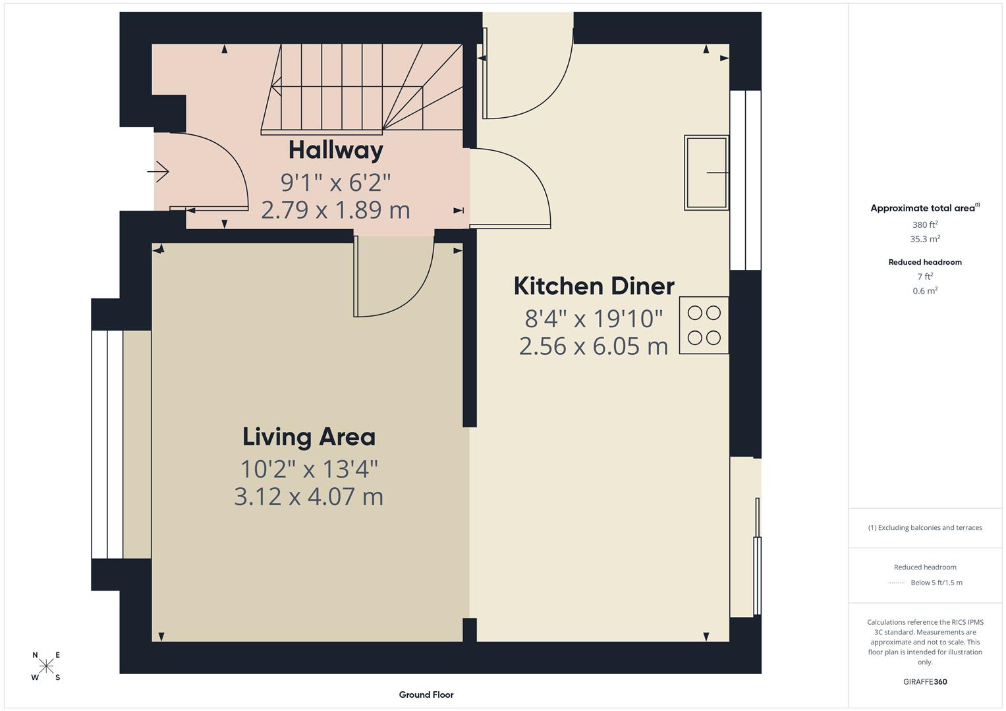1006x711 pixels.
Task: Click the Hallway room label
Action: click(335, 150)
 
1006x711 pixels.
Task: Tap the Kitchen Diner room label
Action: click(594, 286)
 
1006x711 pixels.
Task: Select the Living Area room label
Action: click(309, 436)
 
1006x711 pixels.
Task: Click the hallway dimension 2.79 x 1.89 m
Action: click(335, 210)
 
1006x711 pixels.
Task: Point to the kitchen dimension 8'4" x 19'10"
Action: click(594, 319)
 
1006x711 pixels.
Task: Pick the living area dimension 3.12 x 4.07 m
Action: click(309, 496)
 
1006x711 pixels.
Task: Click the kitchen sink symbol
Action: click(706, 172)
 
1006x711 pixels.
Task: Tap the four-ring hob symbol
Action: click(704, 325)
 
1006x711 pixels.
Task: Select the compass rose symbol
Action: click(46, 666)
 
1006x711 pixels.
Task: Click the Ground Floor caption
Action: click(426, 695)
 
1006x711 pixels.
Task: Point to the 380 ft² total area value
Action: click(925, 224)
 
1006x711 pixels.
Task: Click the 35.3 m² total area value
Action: click(925, 239)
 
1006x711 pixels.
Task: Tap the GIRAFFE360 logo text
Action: click(925, 681)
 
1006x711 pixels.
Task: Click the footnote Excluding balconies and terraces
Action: click(925, 527)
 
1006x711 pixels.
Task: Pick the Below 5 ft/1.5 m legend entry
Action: click(936, 583)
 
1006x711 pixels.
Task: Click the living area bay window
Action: click(107, 444)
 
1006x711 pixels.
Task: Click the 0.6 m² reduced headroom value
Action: click(925, 291)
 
